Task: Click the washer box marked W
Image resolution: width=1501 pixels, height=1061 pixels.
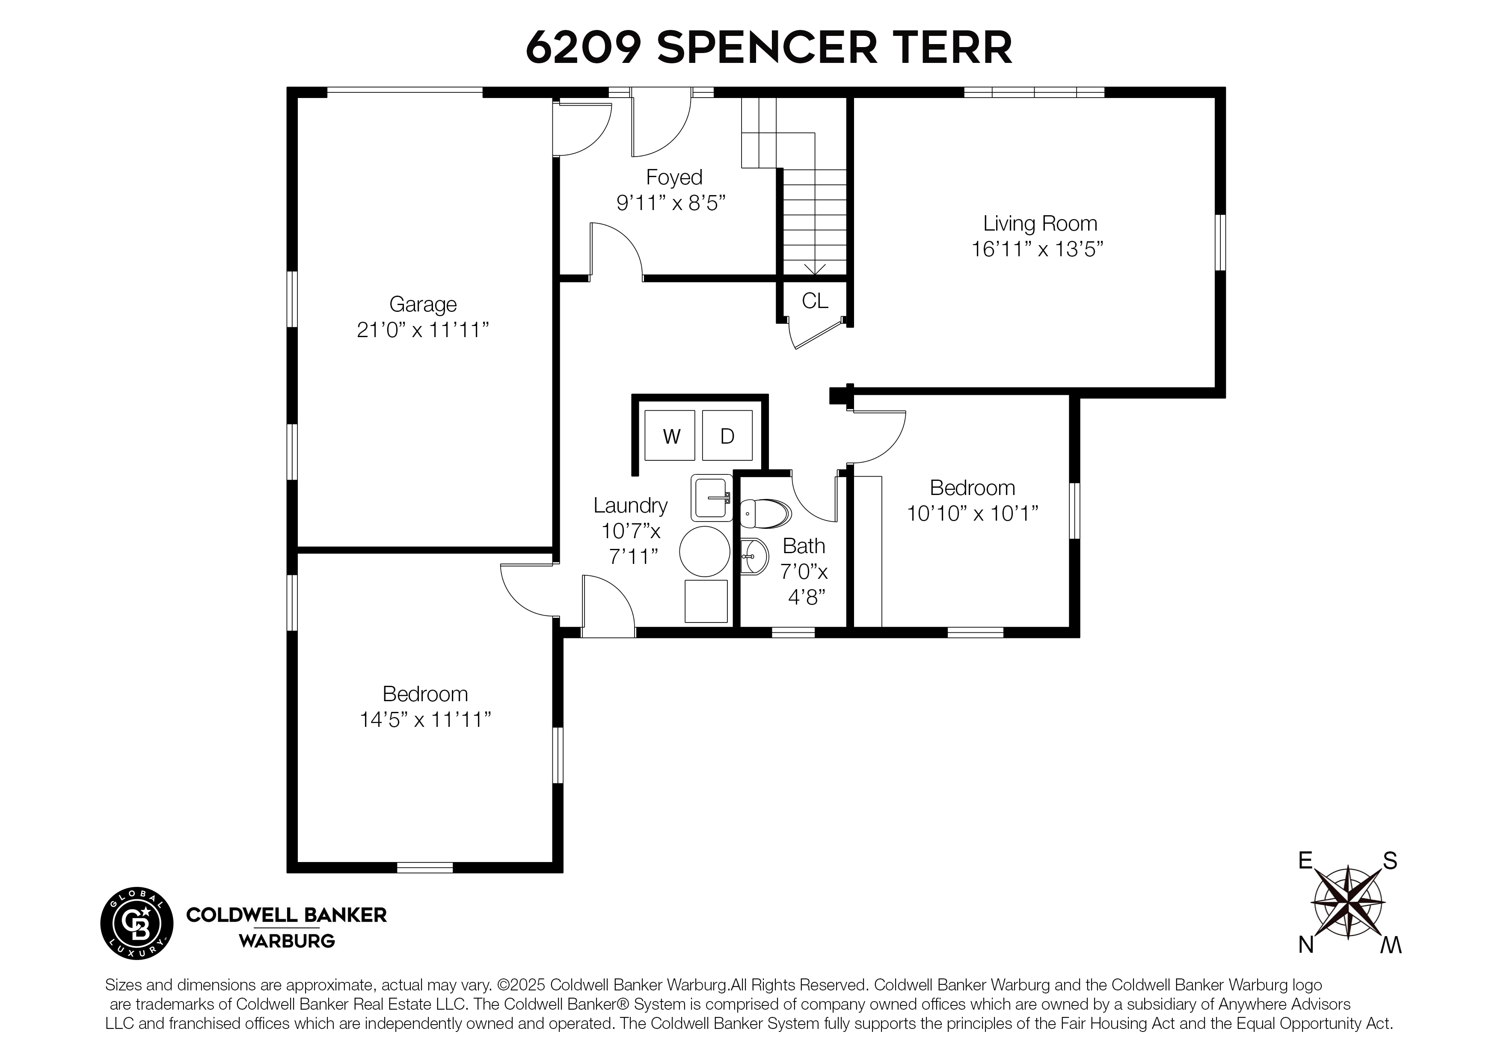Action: pos(670,436)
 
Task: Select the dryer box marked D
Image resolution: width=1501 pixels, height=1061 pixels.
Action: pos(727,436)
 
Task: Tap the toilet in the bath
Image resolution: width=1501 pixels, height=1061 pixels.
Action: pos(765,514)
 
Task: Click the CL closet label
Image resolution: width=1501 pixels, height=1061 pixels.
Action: pos(815,301)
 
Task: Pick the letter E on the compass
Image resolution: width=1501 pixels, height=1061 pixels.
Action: pos(1305,860)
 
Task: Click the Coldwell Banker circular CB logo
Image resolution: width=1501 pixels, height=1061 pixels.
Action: pos(136,924)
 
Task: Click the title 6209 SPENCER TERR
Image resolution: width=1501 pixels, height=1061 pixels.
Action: pos(769,47)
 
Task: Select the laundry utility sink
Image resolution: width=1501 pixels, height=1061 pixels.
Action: pos(711,498)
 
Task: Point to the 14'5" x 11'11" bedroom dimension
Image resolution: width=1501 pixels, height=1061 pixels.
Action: pos(425,720)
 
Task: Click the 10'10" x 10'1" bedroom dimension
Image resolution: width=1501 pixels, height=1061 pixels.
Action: pos(972,514)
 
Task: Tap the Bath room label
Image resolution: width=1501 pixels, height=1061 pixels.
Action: pos(804,546)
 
